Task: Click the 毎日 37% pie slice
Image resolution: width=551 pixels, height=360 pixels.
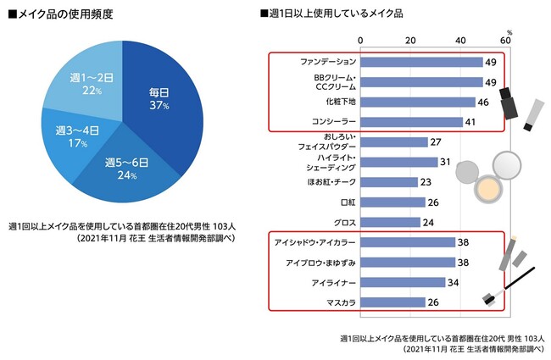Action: pyautogui.click(x=159, y=97)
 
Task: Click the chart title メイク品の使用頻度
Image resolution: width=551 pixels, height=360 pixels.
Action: pyautogui.click(x=64, y=14)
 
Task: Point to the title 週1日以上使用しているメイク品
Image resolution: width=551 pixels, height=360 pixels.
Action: pyautogui.click(x=335, y=14)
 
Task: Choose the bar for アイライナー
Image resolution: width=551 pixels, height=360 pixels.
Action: pyautogui.click(x=403, y=282)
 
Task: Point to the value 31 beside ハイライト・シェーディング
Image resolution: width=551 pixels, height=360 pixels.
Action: pyautogui.click(x=445, y=162)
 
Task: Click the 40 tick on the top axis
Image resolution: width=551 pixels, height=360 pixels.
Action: pyautogui.click(x=460, y=41)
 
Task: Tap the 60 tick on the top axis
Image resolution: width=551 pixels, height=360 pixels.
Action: pyautogui.click(x=506, y=41)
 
